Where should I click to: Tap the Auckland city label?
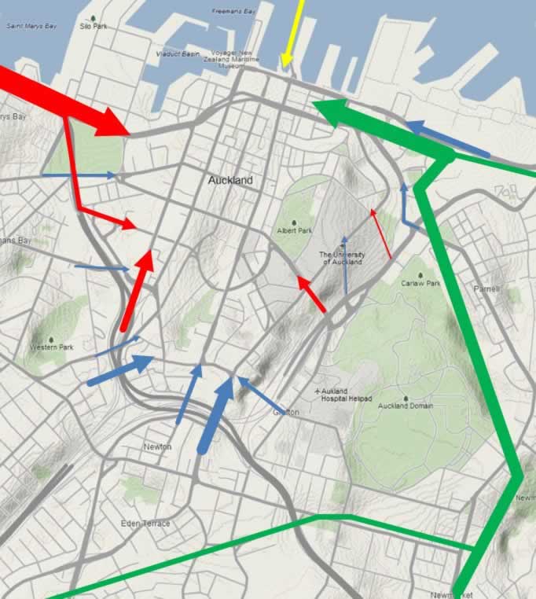point(230,180)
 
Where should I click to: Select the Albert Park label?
point(294,231)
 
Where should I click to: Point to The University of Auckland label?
point(343,258)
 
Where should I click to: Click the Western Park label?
point(50,347)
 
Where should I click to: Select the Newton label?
point(157,446)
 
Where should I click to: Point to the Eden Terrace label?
point(145,524)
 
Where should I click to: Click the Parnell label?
point(486,289)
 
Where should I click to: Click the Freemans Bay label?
point(233,12)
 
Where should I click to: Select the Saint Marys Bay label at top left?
point(31,26)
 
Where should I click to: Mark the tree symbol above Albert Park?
point(294,222)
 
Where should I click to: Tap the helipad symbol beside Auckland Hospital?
point(317,391)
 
